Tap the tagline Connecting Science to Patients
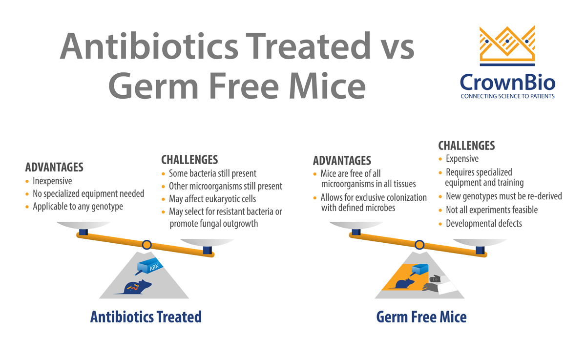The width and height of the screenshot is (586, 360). coord(507,96)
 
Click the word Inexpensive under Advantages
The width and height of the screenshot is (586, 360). coord(52,181)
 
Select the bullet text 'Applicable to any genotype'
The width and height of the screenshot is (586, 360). coord(78,207)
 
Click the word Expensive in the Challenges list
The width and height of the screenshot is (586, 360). coord(462,159)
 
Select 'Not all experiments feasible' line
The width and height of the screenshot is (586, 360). coord(491,210)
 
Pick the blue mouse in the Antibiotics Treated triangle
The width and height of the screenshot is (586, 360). coord(134,287)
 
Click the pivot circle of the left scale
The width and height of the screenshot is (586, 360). coord(146,244)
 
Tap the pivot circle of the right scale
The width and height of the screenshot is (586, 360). coord(419,244)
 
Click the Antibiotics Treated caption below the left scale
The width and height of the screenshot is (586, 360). coord(146,317)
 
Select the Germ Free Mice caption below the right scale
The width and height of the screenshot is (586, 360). coord(421,317)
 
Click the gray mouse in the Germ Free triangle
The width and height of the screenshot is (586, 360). coord(432,287)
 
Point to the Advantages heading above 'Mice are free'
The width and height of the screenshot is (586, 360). coord(342,161)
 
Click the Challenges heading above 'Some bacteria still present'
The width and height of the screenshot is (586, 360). coord(189,160)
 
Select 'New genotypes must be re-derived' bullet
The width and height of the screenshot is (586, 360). coord(503,196)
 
